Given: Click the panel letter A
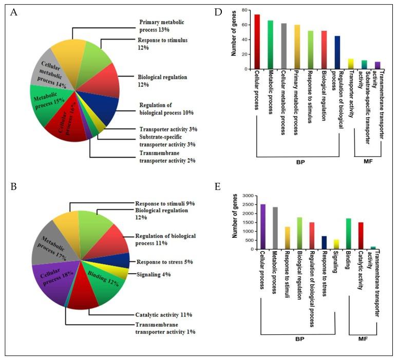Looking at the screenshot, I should [15, 14].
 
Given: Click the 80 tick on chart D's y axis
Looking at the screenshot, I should [248, 10].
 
